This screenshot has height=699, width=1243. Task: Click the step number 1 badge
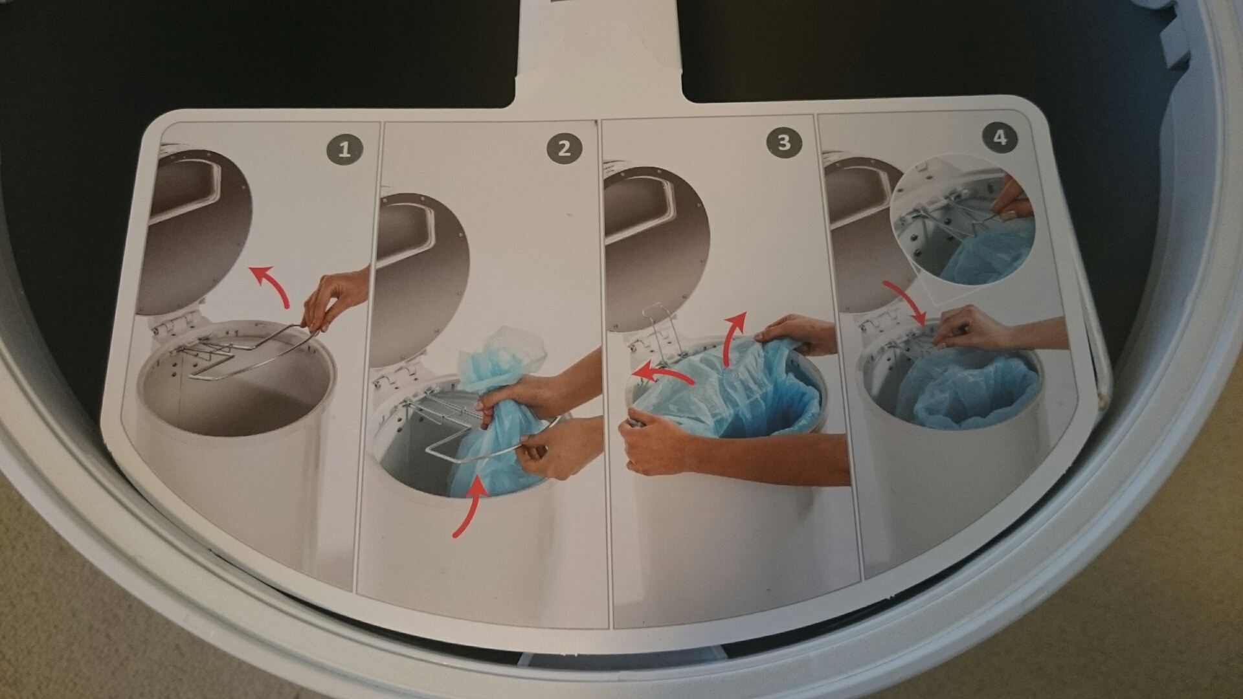coord(344,150)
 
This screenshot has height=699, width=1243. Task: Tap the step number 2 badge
coord(564,149)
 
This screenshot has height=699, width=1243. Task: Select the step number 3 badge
coord(783,142)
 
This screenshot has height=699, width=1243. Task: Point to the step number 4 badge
coord(1000,138)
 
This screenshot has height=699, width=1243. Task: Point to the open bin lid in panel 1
coord(194,227)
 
